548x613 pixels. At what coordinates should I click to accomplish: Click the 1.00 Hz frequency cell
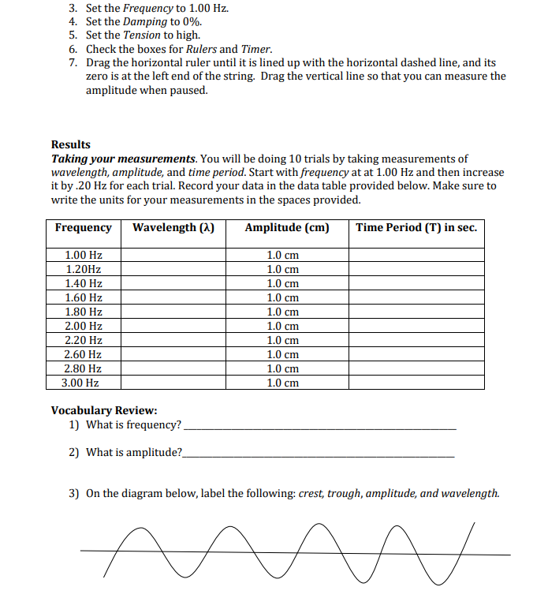[x=84, y=256]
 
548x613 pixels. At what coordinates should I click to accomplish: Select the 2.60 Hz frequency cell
[x=84, y=354]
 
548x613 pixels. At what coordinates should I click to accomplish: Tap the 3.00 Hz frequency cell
[x=80, y=383]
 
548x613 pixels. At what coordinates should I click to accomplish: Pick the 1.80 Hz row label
[x=84, y=312]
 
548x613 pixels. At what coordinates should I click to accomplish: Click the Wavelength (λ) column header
[x=173, y=228]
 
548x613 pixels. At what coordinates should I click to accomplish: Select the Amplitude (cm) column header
[x=287, y=228]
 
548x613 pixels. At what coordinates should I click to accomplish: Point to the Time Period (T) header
[x=416, y=228]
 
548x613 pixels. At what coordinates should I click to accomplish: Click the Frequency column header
[x=84, y=228]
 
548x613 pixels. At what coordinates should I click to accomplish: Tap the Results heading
[x=71, y=144]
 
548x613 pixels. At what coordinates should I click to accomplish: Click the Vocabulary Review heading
[x=104, y=410]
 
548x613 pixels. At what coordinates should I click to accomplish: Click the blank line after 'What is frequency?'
[x=319, y=427]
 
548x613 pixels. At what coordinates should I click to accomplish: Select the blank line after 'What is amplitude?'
[x=319, y=455]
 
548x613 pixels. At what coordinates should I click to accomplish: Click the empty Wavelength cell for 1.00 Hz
[x=173, y=256]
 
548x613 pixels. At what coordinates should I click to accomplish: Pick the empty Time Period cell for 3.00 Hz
[x=416, y=383]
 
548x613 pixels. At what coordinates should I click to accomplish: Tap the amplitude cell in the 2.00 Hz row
[x=283, y=326]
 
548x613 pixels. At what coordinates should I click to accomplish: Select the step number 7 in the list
[x=73, y=62]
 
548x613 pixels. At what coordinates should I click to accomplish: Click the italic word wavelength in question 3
[x=471, y=494]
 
